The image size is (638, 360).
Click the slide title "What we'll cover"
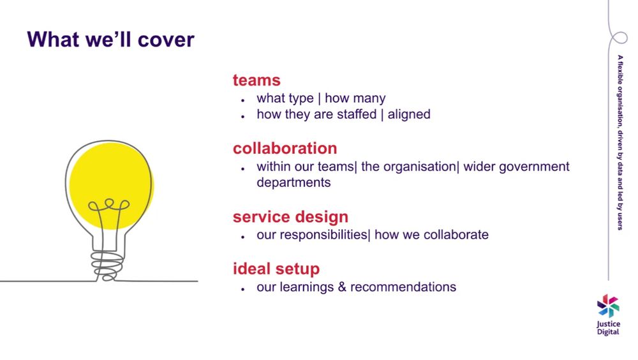110,40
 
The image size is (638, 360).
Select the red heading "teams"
256,80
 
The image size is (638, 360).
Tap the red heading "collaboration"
285,148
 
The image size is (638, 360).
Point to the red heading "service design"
290,217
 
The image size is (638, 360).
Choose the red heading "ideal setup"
276,269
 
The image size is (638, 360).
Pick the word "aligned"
409,114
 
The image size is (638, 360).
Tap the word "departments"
293,183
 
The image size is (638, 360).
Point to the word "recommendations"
403,287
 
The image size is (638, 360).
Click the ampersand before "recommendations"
342,287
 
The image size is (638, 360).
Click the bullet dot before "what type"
243,100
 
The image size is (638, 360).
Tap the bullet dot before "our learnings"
243,289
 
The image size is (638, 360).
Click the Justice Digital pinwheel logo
608,306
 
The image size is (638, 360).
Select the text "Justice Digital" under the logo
608,328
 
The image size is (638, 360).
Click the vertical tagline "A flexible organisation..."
619,142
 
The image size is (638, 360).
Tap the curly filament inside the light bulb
109,205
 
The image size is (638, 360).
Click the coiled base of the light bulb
107,266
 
